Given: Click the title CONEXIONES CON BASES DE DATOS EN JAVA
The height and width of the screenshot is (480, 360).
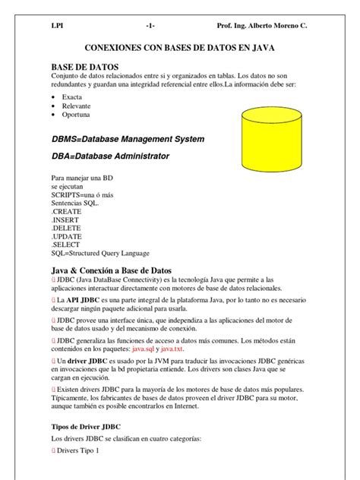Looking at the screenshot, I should (180, 48).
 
